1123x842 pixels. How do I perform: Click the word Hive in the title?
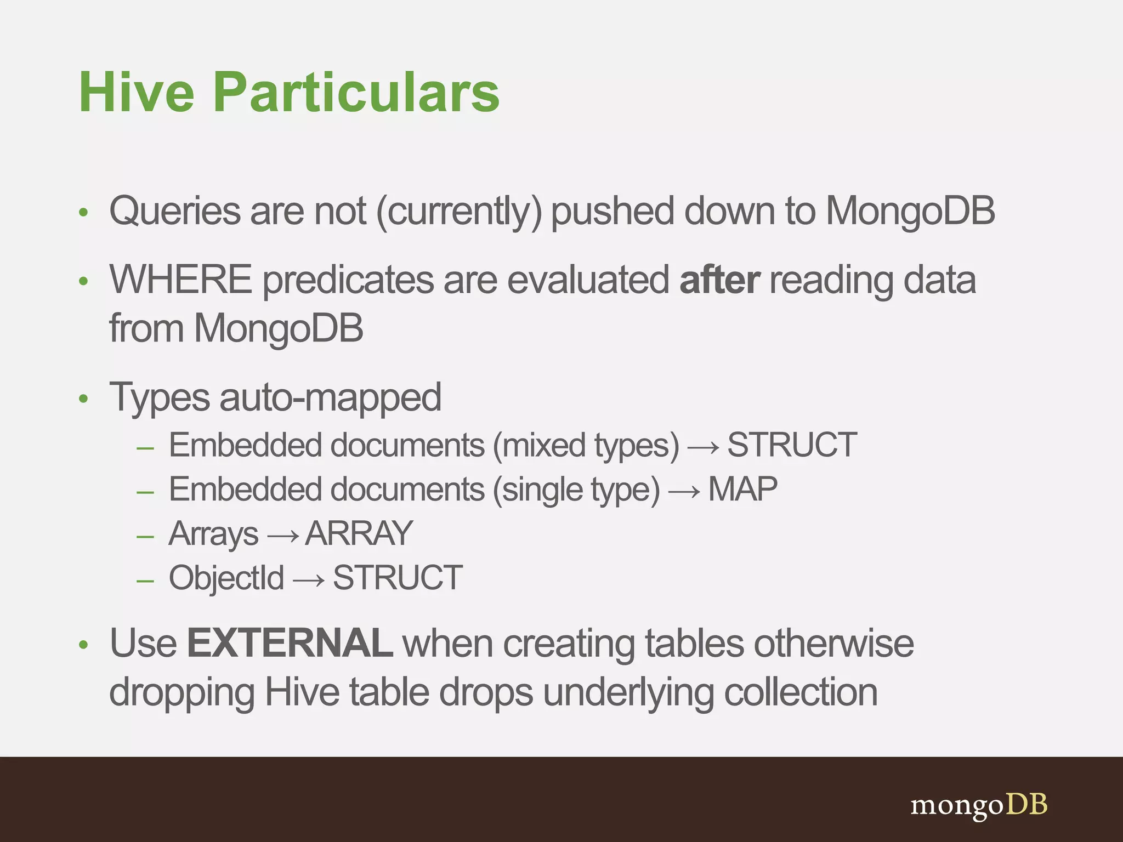(137, 92)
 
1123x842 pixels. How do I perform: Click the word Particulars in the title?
(356, 92)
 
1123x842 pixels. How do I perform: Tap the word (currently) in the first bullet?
(459, 212)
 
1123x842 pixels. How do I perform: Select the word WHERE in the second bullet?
(180, 280)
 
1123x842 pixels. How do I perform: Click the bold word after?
(719, 280)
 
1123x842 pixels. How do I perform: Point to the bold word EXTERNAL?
(290, 643)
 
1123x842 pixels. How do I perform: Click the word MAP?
(742, 489)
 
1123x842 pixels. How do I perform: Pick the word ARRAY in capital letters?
(359, 533)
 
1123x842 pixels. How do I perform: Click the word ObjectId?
(226, 578)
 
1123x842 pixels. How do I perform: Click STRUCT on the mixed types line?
(791, 445)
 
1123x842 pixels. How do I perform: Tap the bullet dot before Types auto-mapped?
(83, 399)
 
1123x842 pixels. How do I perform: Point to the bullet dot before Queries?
(83, 213)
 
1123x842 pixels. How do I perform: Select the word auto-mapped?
(330, 397)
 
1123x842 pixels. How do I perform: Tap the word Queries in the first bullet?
(174, 212)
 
